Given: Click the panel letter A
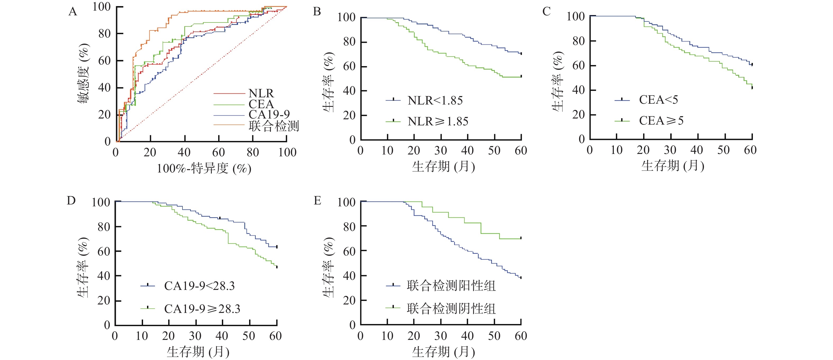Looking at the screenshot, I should [x=73, y=12].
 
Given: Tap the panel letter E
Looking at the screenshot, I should [x=318, y=201].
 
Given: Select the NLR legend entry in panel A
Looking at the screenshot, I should [x=261, y=93].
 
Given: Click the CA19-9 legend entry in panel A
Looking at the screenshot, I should [x=269, y=114].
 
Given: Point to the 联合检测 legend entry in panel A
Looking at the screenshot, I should [x=274, y=126].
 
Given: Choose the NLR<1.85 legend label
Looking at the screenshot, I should [x=435, y=101].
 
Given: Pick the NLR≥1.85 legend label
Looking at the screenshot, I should [x=438, y=121].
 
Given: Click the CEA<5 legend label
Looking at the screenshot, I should [x=658, y=100].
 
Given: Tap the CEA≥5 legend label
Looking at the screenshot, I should [x=661, y=121].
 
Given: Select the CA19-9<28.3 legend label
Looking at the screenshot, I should [x=199, y=286].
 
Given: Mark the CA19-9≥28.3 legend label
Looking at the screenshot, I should [x=202, y=309].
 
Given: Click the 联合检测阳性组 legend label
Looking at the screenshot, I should [x=451, y=286].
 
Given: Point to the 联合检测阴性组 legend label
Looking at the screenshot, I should [x=451, y=309].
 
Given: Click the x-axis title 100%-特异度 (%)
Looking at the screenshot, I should [x=204, y=168].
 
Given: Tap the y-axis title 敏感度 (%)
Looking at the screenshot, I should [x=83, y=74].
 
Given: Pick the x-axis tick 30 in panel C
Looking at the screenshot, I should [x=670, y=150].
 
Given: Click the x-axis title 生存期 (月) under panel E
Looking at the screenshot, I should [x=443, y=352].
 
